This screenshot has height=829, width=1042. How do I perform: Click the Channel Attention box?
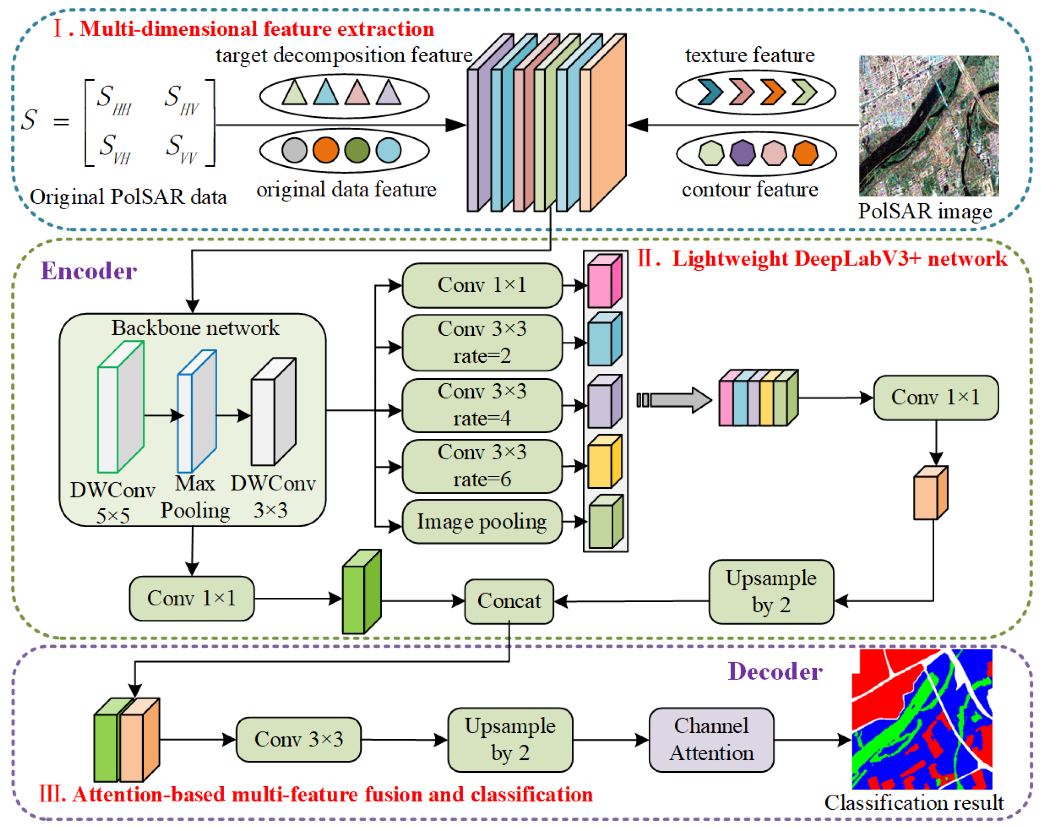(x=711, y=740)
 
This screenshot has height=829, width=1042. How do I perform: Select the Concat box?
(x=509, y=601)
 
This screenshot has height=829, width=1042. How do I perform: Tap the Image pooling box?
(x=482, y=522)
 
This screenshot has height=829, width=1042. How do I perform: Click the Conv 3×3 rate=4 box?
(x=482, y=405)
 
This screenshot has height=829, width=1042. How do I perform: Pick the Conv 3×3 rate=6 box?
(x=482, y=466)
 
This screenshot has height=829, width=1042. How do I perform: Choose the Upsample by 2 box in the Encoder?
(x=771, y=592)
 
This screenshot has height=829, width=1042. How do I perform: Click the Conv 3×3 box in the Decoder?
(x=298, y=740)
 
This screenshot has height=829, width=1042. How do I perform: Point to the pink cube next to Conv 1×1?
(x=604, y=282)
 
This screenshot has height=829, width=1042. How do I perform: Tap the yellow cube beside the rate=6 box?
(x=604, y=462)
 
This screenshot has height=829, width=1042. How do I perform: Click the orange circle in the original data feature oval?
(x=325, y=150)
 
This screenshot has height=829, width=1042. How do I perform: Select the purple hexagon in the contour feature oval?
(x=742, y=153)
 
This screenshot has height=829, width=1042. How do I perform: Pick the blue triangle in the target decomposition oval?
(x=325, y=92)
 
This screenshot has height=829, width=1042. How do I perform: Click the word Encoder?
(x=89, y=271)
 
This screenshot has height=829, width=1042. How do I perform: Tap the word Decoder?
(x=775, y=671)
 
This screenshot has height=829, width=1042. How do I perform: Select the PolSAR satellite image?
(x=929, y=126)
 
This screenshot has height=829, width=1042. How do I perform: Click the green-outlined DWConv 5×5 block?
(x=120, y=407)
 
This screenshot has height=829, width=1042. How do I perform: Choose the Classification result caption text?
(x=913, y=803)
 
